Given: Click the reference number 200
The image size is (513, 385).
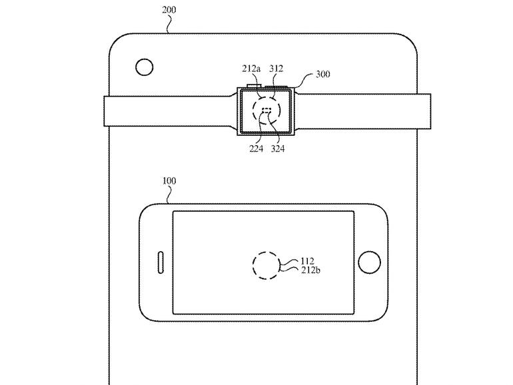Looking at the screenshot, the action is [x=169, y=10].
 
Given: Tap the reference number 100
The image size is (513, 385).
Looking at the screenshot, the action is [x=169, y=181].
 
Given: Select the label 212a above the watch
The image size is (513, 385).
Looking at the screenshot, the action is [x=251, y=69].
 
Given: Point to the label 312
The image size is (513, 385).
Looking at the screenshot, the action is [x=276, y=69].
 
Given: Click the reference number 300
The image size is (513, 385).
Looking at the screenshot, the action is [x=323, y=74].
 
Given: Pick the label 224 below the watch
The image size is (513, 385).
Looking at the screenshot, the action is [x=256, y=149].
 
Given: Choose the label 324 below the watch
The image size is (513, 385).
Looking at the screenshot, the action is [x=278, y=149].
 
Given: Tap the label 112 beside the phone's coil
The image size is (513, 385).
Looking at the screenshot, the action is [x=307, y=261].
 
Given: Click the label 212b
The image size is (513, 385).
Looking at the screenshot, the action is [x=310, y=270].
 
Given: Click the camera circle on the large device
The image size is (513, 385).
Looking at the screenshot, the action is [x=145, y=67].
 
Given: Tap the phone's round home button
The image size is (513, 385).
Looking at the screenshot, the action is [x=369, y=262].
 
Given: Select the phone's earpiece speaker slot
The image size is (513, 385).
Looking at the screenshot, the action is [x=161, y=262].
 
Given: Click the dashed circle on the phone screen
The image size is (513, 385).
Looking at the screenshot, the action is [x=266, y=265].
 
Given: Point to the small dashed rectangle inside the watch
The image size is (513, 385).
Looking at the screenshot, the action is [x=266, y=110].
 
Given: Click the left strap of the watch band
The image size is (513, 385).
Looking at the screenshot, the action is [x=171, y=111].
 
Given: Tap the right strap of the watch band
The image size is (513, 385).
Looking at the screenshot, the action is [x=362, y=111].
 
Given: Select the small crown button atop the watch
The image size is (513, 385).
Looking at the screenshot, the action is [x=255, y=86].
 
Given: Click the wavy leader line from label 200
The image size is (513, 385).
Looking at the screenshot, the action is [x=169, y=24].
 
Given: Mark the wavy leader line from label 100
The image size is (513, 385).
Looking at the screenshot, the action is [x=169, y=195].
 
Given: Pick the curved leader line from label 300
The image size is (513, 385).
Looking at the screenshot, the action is [x=304, y=81].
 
